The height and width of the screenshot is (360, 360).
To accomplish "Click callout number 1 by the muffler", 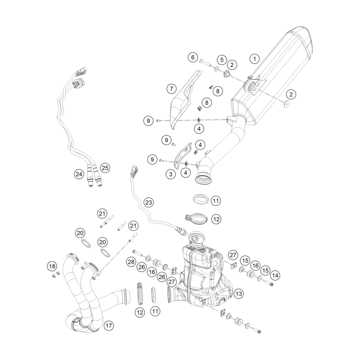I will [253, 59].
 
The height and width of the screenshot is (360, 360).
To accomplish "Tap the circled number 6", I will [192, 57].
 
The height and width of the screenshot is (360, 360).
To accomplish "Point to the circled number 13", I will [238, 294].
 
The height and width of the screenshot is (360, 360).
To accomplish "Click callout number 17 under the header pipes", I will [109, 326].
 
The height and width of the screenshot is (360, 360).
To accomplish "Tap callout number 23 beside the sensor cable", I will [148, 202].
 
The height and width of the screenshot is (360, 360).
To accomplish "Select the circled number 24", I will [78, 173].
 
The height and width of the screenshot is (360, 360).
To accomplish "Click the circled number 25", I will [105, 168].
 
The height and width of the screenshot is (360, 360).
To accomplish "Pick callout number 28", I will [130, 262].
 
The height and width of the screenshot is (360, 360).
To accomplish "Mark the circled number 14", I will [275, 275].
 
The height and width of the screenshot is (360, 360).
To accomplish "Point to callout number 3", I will [171, 173].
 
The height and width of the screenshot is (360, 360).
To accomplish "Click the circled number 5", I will [221, 60].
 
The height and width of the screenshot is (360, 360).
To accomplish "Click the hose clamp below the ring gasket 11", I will [195, 219].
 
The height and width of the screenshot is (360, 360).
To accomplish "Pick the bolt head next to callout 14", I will [270, 284].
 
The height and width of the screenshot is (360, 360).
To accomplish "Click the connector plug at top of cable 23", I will [134, 170].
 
